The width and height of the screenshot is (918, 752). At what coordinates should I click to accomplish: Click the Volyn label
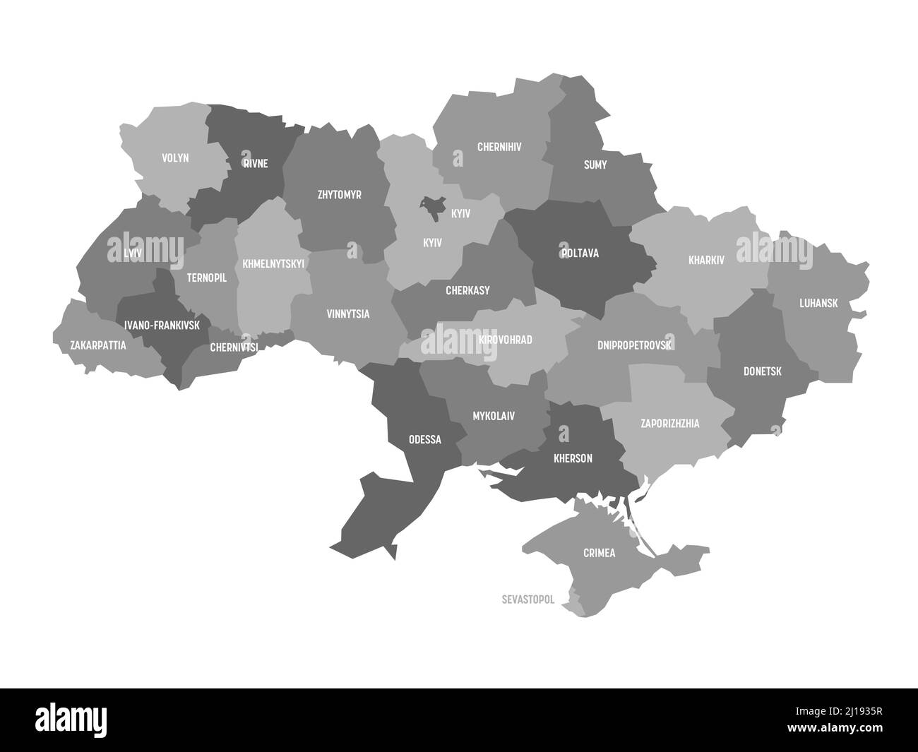coord(175,158)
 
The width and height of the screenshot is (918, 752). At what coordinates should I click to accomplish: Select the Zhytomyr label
coord(339,194)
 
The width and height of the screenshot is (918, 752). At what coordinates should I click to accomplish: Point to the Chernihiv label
coord(499,148)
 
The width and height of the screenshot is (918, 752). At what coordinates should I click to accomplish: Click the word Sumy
coord(595,165)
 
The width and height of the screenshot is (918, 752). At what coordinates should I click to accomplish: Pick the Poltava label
coord(579,253)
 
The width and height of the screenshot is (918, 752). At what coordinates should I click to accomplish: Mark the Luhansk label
coord(818,303)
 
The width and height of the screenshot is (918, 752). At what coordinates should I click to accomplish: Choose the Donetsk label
coord(762,371)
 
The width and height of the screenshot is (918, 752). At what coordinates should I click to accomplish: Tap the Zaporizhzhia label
coord(669,424)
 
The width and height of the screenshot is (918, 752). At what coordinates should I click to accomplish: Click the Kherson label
coord(573,458)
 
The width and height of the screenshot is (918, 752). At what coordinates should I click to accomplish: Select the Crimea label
coord(598,553)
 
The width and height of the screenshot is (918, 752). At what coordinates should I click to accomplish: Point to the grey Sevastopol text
coord(527,599)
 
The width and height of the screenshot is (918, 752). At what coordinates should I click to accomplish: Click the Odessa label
coord(424,439)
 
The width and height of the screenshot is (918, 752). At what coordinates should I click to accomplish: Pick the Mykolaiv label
coord(493,416)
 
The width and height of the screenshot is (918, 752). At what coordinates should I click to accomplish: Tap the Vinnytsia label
coord(347,314)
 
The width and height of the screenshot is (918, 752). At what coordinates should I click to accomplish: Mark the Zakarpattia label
coord(98,345)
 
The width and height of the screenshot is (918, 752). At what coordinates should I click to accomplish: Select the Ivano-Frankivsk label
coord(162,326)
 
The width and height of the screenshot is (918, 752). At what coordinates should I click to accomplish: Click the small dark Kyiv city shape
coord(429,205)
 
